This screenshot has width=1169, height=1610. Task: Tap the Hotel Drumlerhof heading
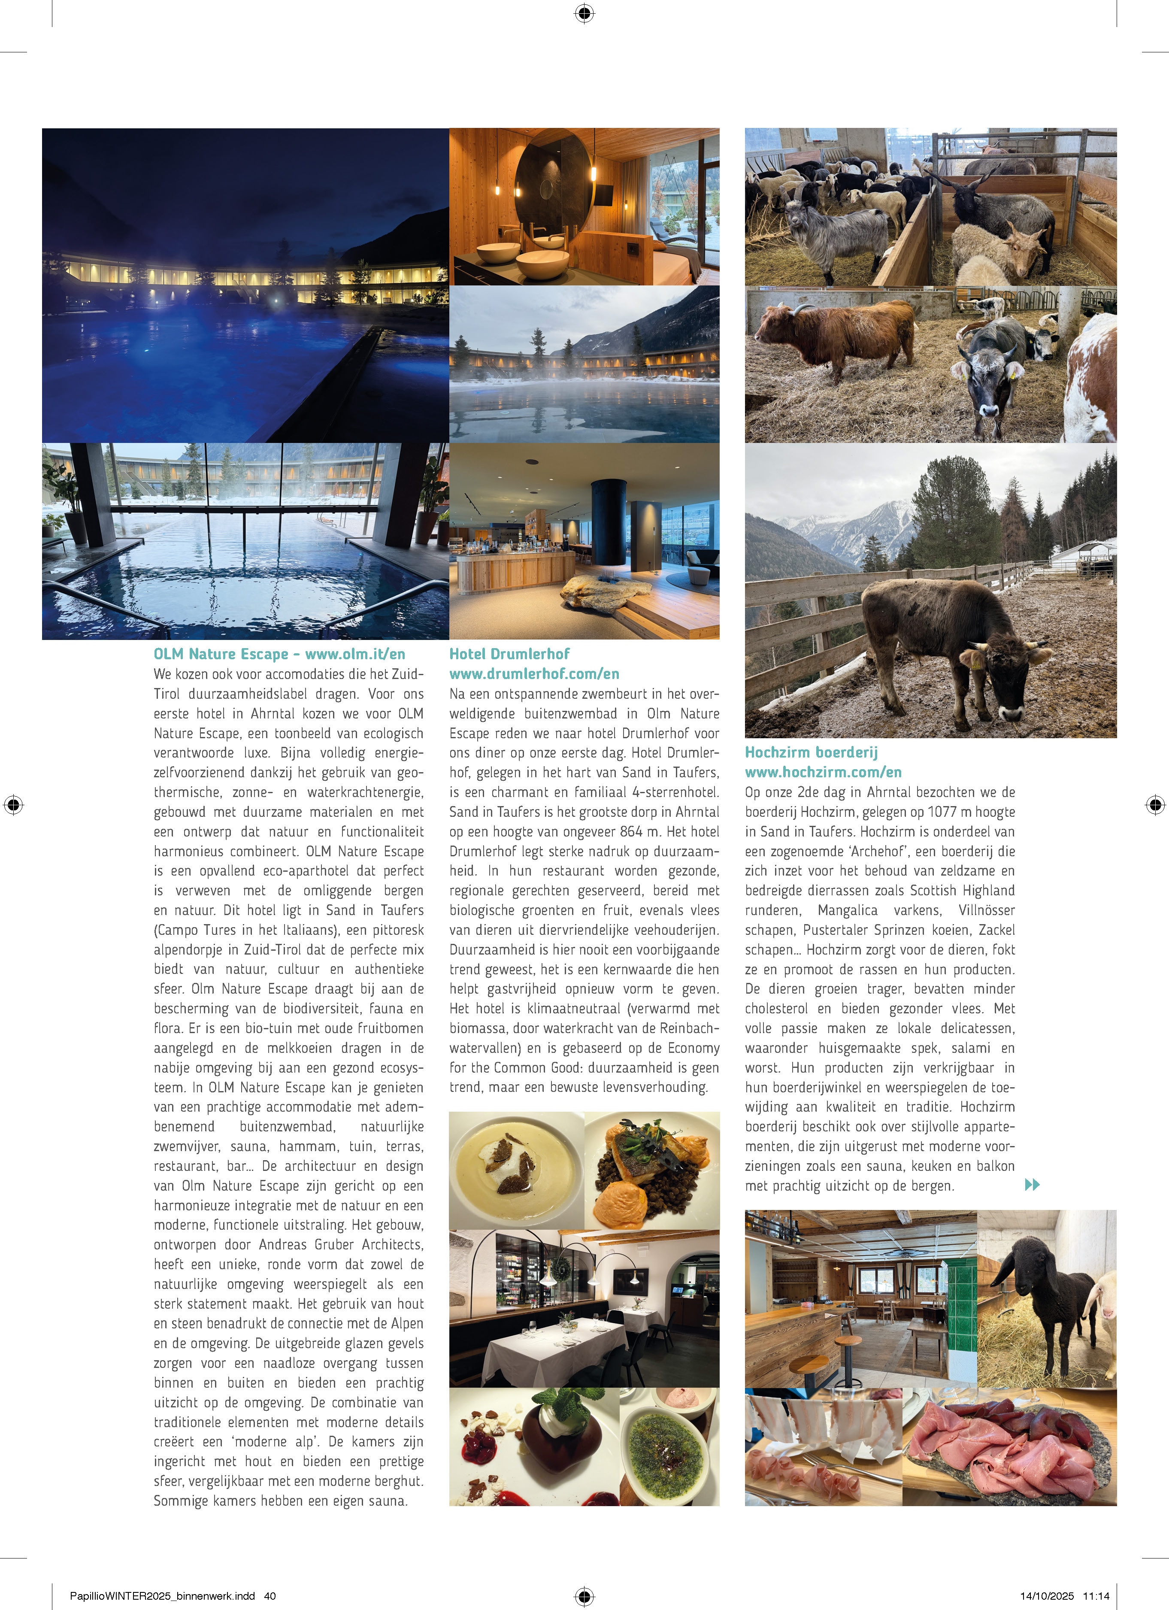tap(509, 654)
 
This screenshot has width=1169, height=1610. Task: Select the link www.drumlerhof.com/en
tap(534, 674)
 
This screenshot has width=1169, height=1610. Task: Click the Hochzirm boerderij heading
tap(811, 752)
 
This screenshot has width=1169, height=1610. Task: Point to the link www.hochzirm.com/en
tap(823, 772)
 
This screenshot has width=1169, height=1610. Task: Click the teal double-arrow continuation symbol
tap(1032, 1184)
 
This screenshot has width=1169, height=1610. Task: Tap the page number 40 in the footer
tap(270, 1596)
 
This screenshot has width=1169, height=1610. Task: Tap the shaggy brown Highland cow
tap(838, 334)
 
